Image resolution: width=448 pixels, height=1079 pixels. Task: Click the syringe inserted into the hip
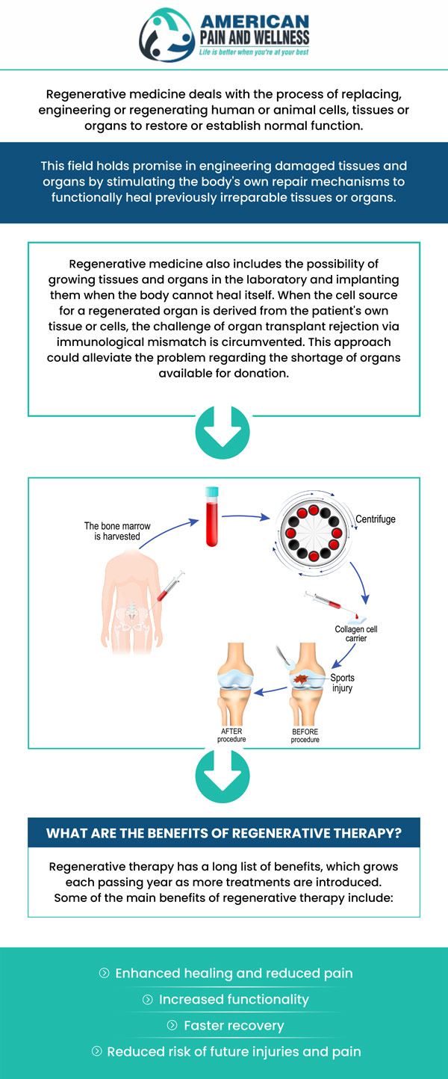click(x=169, y=586)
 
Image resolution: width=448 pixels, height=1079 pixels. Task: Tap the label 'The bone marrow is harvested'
click(x=116, y=531)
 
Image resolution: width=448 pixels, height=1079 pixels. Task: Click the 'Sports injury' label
click(x=343, y=683)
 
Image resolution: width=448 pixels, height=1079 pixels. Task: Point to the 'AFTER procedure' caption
click(x=231, y=735)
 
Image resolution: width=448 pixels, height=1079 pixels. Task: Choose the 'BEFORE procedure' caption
click(x=305, y=735)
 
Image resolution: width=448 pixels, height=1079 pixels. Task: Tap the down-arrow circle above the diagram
click(x=223, y=431)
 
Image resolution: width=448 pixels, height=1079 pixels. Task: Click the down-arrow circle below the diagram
click(x=223, y=776)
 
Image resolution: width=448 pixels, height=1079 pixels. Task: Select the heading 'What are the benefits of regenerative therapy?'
click(x=223, y=833)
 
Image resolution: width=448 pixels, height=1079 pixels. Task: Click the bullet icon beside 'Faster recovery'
click(x=172, y=1025)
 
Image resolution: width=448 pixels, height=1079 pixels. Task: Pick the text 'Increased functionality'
click(x=234, y=999)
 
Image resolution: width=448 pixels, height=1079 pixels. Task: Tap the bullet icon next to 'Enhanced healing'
click(x=104, y=973)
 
